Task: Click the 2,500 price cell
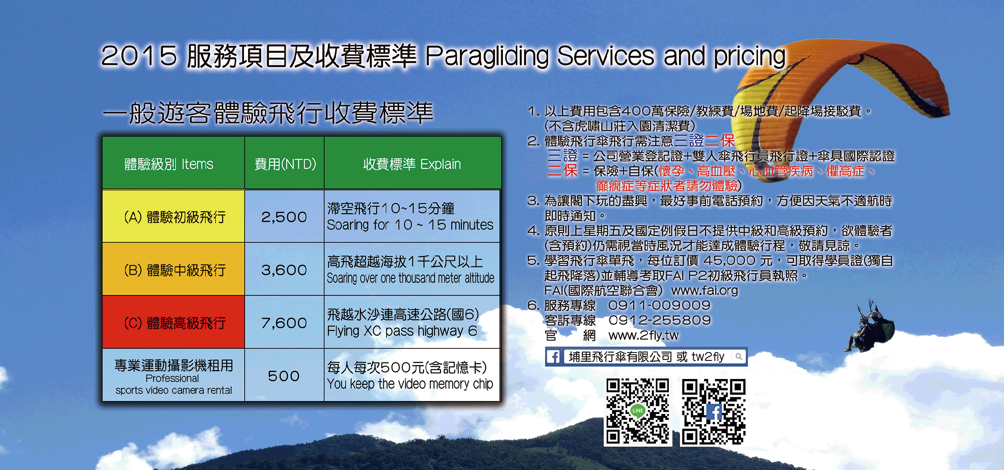point(284,216)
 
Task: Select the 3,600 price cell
point(284,269)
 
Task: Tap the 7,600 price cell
point(284,323)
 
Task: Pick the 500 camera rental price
point(284,376)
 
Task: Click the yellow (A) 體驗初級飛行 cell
point(174,216)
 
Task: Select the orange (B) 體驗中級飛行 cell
point(174,269)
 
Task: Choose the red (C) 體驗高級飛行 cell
point(174,323)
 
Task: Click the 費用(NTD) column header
point(284,163)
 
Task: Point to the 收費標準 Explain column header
point(412,163)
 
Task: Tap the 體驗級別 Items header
point(174,163)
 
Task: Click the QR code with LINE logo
point(638,411)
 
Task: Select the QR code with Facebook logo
point(714,411)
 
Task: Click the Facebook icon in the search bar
point(553,357)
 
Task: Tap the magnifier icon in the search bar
point(739,357)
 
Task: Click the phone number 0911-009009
point(659,305)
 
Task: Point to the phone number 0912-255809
point(660,320)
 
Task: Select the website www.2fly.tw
point(643,335)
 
